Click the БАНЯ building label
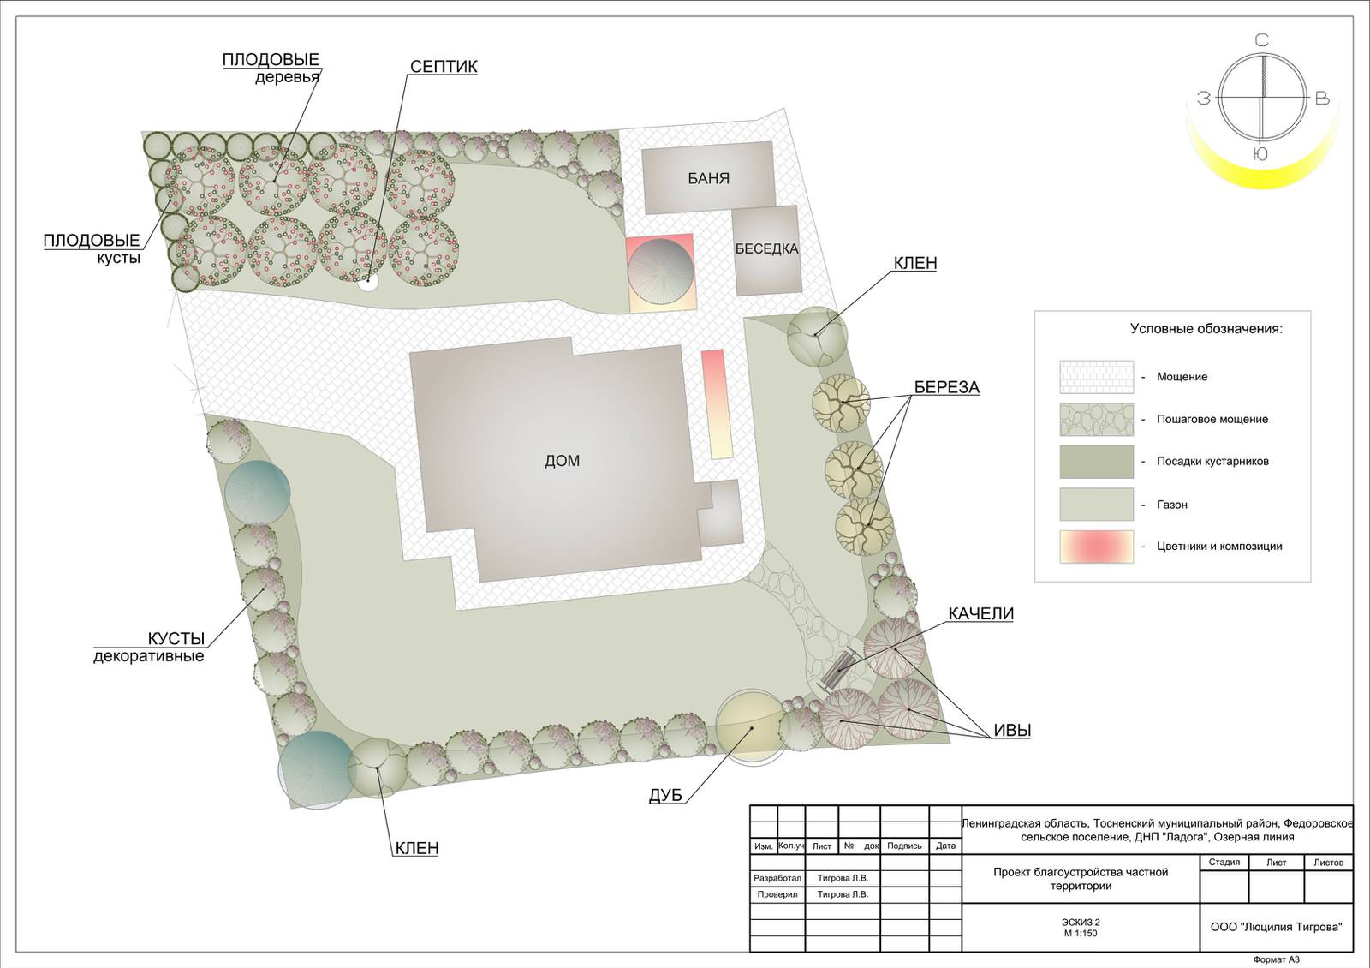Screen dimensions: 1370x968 (708, 178)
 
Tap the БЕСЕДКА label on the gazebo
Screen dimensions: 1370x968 (766, 249)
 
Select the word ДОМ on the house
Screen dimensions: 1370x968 (562, 461)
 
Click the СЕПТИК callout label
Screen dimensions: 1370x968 (444, 67)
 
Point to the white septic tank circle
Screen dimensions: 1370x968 (368, 282)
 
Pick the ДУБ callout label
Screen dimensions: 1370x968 (665, 795)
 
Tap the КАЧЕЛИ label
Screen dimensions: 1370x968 (981, 613)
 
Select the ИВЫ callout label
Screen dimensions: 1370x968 (1012, 730)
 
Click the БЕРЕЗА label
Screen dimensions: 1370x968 (947, 387)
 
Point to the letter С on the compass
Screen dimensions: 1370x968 (1262, 40)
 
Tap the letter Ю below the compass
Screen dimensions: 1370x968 (1260, 154)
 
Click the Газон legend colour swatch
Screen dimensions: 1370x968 (1097, 505)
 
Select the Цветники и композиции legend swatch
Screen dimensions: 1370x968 (1097, 547)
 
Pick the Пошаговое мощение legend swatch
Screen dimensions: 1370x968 (1097, 419)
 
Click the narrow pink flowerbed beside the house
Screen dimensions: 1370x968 (716, 403)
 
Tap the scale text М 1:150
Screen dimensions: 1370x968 (1081, 933)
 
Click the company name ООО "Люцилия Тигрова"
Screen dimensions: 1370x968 (1277, 927)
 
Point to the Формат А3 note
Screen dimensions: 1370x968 (1277, 959)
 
